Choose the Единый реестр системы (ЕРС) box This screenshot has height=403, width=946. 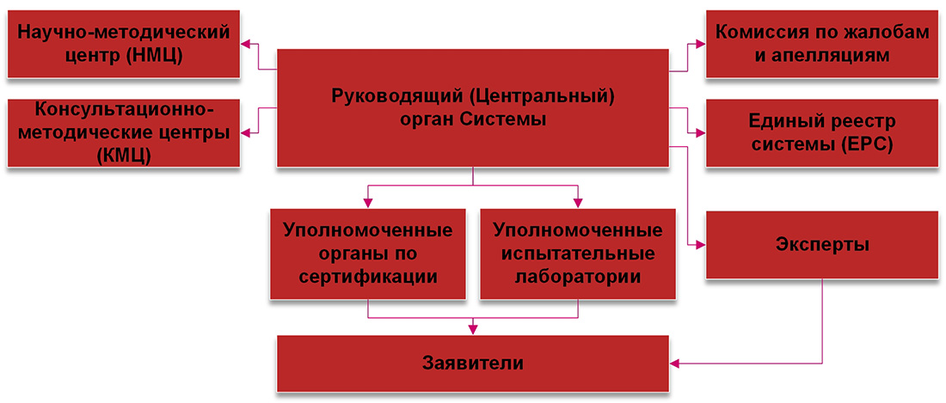821,133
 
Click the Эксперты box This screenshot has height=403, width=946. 821,245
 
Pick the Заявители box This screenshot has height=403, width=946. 473,363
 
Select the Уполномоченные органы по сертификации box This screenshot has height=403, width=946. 369,253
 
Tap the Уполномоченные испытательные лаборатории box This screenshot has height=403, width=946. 578,253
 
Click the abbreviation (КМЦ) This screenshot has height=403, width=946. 124,155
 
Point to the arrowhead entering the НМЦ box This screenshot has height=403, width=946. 246,44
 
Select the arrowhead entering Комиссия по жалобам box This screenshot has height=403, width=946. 700,44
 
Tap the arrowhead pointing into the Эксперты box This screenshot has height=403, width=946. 700,245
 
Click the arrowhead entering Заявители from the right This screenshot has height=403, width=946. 675,363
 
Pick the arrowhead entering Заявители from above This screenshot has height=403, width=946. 473,330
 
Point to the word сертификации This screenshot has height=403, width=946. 369,277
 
